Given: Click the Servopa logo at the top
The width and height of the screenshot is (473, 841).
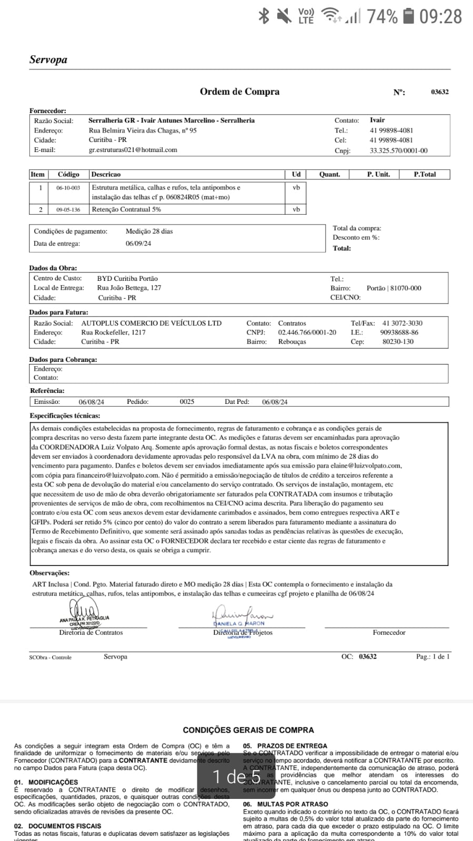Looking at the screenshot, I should [x=48, y=59].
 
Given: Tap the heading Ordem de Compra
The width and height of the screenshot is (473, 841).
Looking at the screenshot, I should [x=239, y=92].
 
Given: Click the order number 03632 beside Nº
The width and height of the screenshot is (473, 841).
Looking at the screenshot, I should [x=440, y=92].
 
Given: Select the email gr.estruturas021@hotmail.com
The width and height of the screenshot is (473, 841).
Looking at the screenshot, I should [x=133, y=150].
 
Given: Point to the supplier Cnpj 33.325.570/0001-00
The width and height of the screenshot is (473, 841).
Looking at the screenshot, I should [x=398, y=150].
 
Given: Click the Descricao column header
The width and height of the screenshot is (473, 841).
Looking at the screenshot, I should [x=106, y=174].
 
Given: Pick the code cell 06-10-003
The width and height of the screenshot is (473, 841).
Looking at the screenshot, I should [x=68, y=188].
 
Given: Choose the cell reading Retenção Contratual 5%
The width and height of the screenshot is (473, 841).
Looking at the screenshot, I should [x=126, y=209].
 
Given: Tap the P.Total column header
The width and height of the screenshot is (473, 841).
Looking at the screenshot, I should [x=425, y=174].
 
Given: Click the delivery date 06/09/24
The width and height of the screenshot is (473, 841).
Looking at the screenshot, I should [x=138, y=244].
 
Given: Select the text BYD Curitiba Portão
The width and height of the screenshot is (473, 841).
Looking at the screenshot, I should [x=127, y=279].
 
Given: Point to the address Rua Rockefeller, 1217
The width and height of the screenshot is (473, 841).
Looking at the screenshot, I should [x=113, y=332].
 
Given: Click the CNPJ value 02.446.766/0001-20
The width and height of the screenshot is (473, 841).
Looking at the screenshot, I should [x=307, y=332].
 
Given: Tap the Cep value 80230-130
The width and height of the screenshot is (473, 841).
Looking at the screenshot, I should [x=398, y=342].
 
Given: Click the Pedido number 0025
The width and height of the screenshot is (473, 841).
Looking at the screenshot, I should [x=187, y=402].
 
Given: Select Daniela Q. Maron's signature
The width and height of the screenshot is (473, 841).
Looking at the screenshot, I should [x=242, y=616].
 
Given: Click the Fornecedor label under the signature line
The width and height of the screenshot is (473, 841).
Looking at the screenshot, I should [x=389, y=633].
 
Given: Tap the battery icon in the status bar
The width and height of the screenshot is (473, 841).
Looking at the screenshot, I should [x=409, y=16].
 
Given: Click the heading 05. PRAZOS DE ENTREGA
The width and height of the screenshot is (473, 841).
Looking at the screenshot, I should [x=285, y=746].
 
